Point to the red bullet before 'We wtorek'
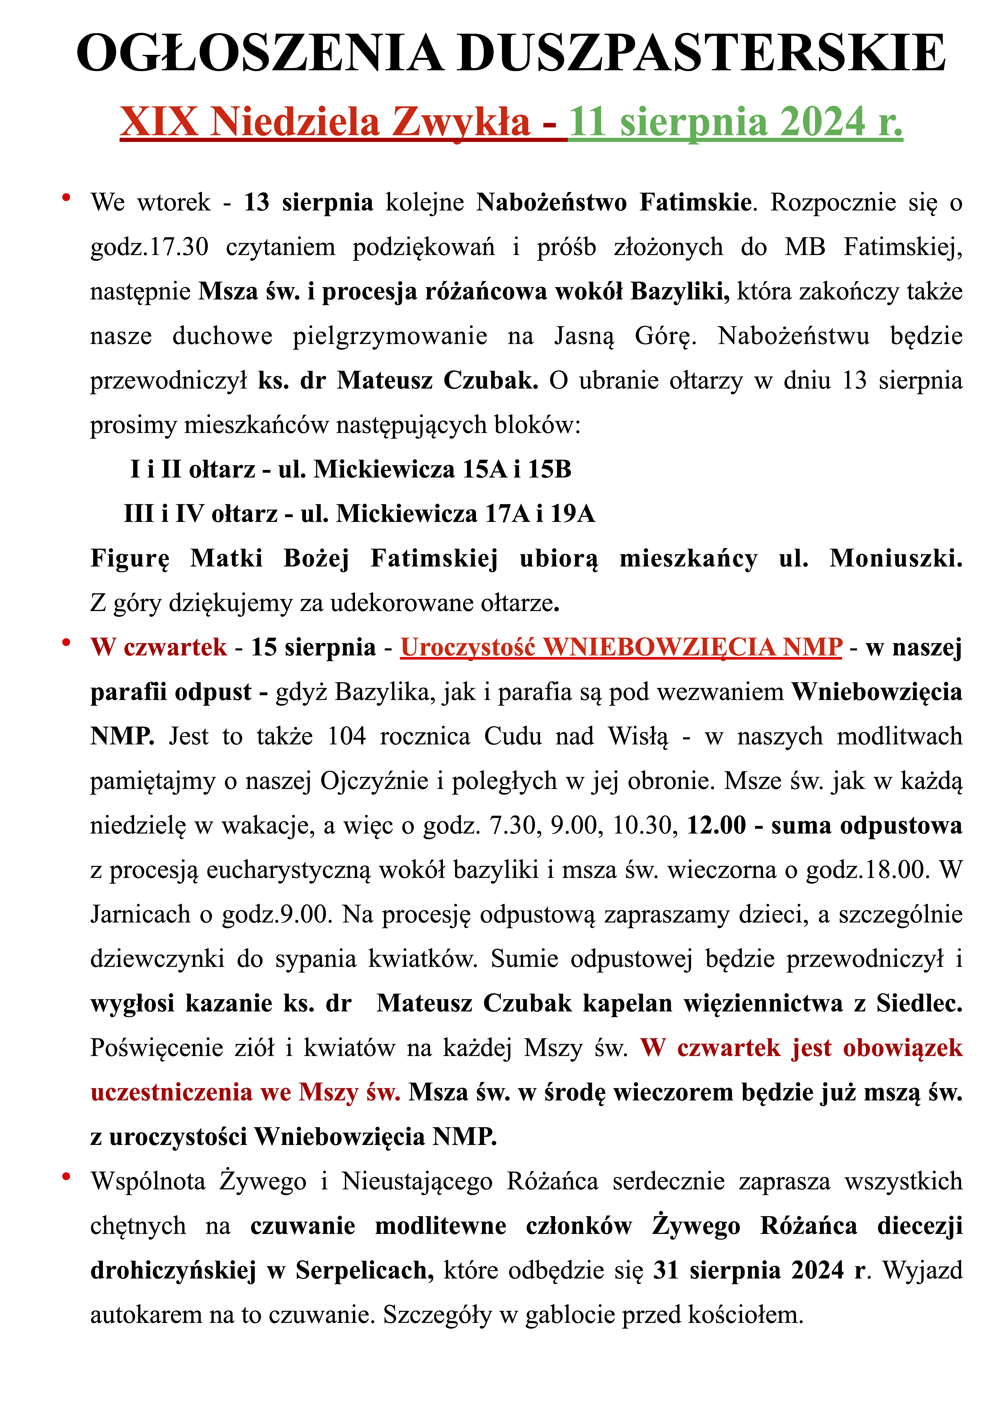pos(66,197)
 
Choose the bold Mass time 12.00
pos(716,826)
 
